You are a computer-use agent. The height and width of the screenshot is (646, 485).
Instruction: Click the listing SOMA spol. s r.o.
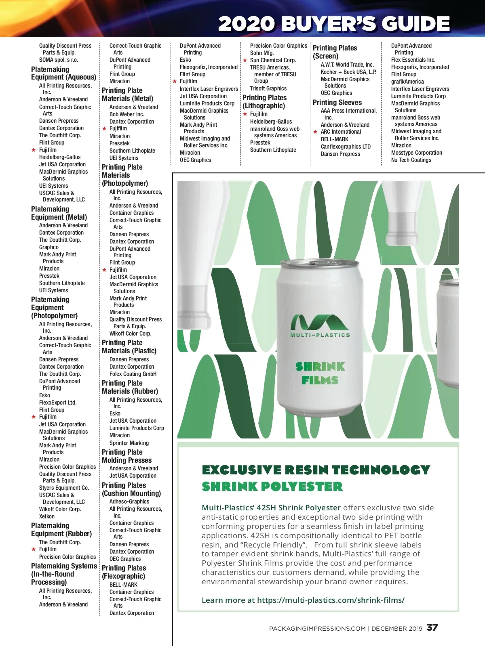[x=59, y=60]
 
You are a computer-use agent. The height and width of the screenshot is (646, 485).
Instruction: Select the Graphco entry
[x=49, y=247]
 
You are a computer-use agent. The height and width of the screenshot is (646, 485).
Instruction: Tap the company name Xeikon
[x=47, y=516]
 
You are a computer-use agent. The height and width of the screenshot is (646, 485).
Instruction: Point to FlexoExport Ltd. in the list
[x=58, y=403]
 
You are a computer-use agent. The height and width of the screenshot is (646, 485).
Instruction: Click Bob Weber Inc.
[x=127, y=114]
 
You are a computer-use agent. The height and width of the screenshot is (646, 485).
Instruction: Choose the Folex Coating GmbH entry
[x=133, y=374]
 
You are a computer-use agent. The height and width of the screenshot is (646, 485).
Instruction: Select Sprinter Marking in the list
[x=129, y=443]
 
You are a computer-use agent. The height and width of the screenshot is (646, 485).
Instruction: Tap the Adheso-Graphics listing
[x=129, y=501]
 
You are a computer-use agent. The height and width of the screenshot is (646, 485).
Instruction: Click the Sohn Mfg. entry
[x=262, y=53]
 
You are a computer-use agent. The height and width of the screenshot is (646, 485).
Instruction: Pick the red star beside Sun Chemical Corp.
[x=245, y=61]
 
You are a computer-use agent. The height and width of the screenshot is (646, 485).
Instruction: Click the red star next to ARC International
[x=316, y=132]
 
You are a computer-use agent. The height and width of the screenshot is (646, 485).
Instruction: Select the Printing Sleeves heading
[x=337, y=103]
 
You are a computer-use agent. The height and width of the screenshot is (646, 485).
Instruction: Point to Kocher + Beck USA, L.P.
[x=348, y=72]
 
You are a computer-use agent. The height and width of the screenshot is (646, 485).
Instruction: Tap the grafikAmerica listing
[x=407, y=82]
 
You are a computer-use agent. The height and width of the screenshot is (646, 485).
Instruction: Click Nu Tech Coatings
[x=411, y=160]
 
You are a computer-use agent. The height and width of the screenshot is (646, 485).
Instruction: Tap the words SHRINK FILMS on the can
[x=320, y=373]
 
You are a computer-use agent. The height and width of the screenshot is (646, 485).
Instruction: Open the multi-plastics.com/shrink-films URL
[x=331, y=600]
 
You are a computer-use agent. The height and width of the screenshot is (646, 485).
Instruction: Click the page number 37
[x=432, y=627]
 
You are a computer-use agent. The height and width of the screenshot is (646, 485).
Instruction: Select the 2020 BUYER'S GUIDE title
[x=334, y=23]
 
